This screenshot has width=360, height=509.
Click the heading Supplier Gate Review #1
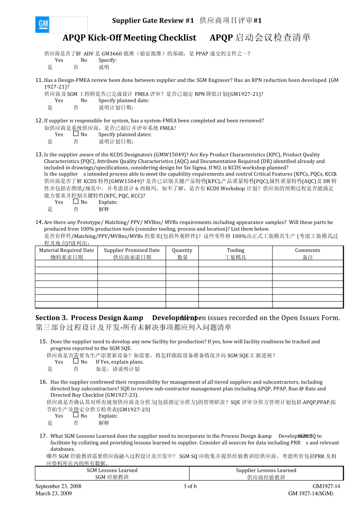pos(153,20)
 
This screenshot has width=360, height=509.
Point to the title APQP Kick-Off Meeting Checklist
pos(129,38)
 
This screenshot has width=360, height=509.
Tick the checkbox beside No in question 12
pos(76,134)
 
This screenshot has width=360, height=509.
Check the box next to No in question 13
pos(76,202)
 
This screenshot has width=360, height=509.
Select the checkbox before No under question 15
pos(76,361)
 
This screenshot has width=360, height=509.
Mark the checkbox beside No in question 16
pos(76,415)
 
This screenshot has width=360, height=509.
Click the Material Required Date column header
pos(66,251)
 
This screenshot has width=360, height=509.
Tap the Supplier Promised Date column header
pos(131,251)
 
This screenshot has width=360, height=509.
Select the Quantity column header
pos(182,251)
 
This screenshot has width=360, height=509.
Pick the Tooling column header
pos(235,251)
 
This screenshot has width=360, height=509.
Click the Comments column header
pos(307,251)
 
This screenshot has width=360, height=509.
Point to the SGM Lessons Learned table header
pos(112,470)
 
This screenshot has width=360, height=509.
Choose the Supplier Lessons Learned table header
pos(266,470)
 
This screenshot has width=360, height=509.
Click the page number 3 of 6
pos(190,486)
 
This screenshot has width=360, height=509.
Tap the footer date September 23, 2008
pos(58,486)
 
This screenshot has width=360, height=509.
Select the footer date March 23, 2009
pos(53,493)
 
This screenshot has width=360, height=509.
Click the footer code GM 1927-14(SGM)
pos(310,493)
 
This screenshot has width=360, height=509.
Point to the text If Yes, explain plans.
pos(120,362)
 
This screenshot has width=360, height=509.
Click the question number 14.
pos(39,222)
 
